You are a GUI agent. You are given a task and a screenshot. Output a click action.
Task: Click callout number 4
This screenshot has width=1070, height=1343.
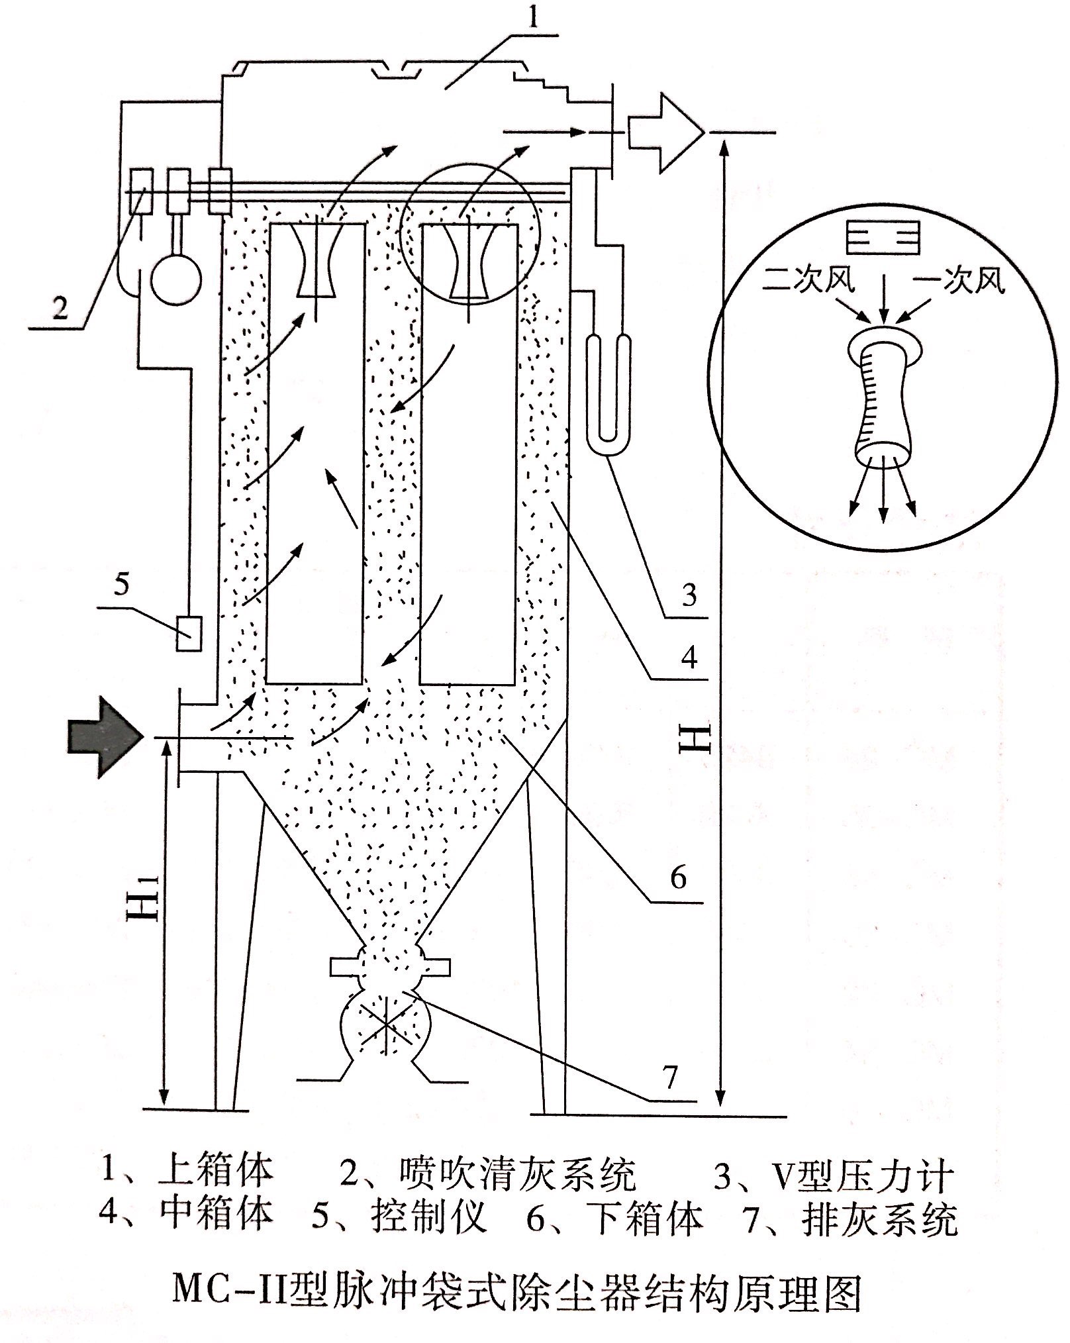tap(689, 658)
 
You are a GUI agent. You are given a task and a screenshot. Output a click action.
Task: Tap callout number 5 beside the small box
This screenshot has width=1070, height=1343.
tap(121, 585)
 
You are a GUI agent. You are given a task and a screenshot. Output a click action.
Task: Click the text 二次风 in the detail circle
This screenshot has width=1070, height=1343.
tap(808, 281)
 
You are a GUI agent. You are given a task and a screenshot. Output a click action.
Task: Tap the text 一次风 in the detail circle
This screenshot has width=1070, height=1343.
tap(958, 281)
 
